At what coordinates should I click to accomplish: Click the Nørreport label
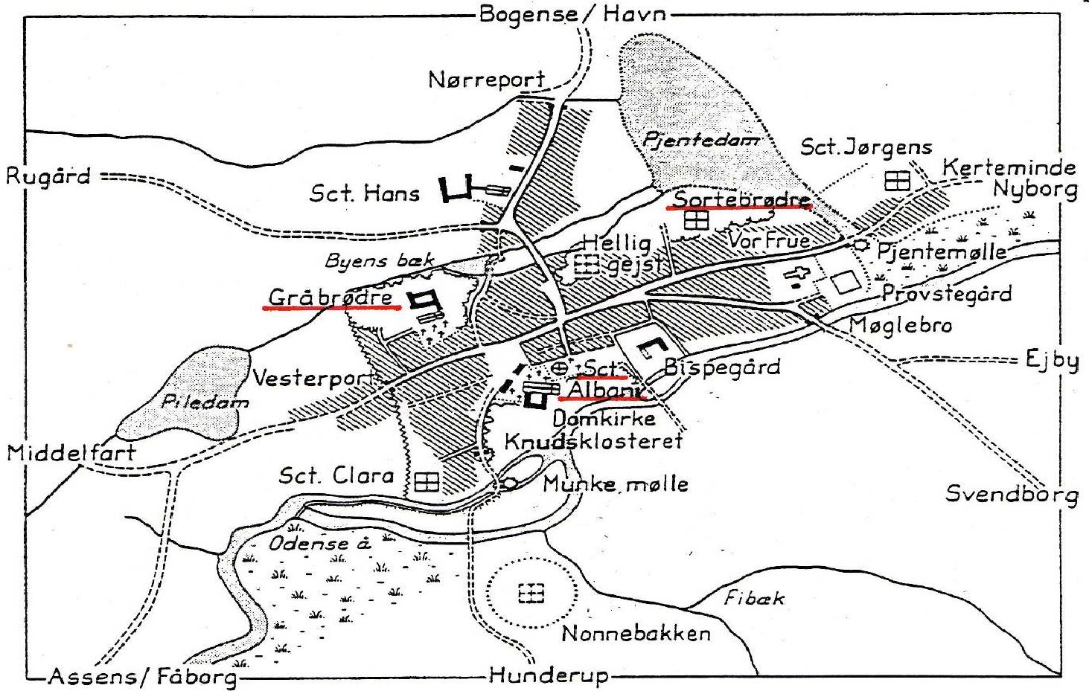tap(487, 79)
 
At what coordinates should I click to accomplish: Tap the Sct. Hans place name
tap(364, 194)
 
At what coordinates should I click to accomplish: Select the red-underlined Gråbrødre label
tap(330, 298)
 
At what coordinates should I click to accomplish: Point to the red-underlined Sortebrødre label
tap(741, 199)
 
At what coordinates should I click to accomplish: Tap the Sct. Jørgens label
tap(866, 147)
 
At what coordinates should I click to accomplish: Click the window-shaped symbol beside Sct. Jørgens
tap(898, 180)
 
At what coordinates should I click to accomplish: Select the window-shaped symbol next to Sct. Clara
tap(427, 482)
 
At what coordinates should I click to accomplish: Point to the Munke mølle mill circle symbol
tap(511, 483)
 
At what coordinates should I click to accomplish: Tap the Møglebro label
tap(900, 325)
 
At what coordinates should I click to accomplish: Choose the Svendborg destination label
tap(1012, 495)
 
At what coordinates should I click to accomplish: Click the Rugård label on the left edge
tap(48, 177)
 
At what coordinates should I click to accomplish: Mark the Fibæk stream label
tap(754, 597)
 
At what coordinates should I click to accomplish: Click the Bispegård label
tap(721, 367)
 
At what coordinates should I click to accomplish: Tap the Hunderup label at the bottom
tap(549, 676)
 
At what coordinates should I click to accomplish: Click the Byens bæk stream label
tap(380, 261)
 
